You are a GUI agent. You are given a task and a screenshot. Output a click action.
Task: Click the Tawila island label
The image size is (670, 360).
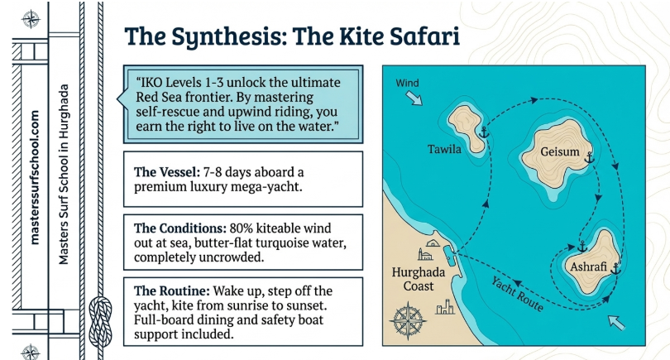(445, 150)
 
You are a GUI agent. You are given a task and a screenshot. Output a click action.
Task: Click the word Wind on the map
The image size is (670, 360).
(409, 83)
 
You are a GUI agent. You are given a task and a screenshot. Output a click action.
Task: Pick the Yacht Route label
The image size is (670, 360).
(516, 294)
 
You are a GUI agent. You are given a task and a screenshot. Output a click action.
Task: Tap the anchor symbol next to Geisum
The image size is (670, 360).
(589, 156)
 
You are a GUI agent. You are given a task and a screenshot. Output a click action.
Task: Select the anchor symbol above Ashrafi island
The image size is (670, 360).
(581, 247)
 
